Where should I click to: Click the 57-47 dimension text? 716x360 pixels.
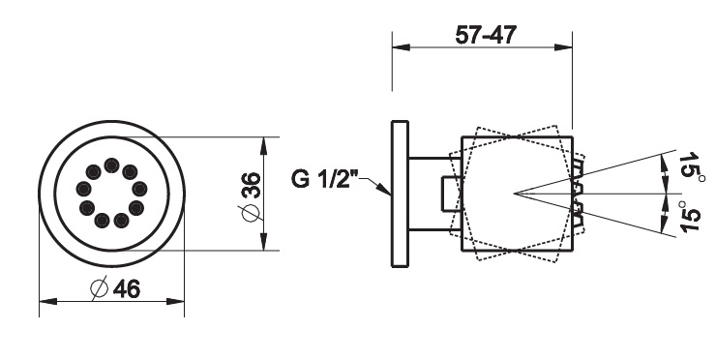(486, 35)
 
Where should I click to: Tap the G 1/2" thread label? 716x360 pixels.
(325, 178)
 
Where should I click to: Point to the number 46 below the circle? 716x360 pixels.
(127, 288)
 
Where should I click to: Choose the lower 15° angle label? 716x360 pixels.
(690, 216)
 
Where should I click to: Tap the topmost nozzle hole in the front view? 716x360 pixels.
(111, 165)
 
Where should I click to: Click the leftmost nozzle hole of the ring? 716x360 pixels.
(83, 188)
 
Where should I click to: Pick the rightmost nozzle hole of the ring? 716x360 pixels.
(139, 188)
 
